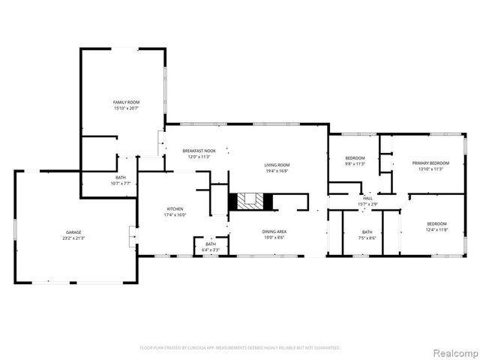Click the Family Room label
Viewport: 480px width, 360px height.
pos(126,102)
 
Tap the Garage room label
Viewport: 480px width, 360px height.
pos(73,232)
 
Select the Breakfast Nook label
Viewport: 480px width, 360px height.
pos(199,151)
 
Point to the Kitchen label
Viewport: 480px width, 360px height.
pos(175,208)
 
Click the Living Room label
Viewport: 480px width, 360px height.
pos(276,165)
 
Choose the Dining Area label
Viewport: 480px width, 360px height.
pos(274,232)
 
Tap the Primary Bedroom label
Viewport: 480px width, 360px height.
pos(430,163)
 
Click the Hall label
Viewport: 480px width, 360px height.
pos(367,198)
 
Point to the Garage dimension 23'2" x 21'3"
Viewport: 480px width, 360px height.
pos(73,238)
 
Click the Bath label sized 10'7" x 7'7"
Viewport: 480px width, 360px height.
pos(121,178)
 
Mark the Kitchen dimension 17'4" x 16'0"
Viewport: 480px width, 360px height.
pos(175,214)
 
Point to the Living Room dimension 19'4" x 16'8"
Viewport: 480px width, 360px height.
pos(276,171)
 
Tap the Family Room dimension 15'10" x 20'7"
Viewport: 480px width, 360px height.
pos(126,108)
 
